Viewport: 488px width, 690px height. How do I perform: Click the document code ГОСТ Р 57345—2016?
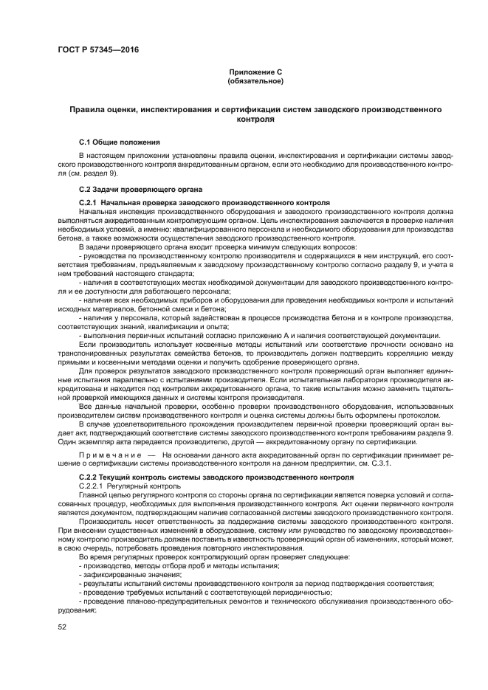click(98, 50)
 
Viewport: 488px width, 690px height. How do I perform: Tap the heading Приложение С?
click(255, 72)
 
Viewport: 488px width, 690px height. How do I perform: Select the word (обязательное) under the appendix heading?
click(255, 80)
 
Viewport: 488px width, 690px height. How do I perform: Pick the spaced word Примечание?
click(111, 455)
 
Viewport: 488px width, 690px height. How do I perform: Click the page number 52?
click(63, 627)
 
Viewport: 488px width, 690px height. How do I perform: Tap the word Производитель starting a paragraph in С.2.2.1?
click(103, 521)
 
